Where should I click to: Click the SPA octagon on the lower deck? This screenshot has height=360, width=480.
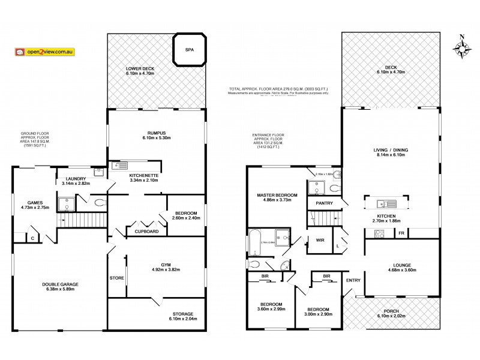(190, 49)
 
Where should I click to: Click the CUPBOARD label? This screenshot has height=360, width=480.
(146, 231)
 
